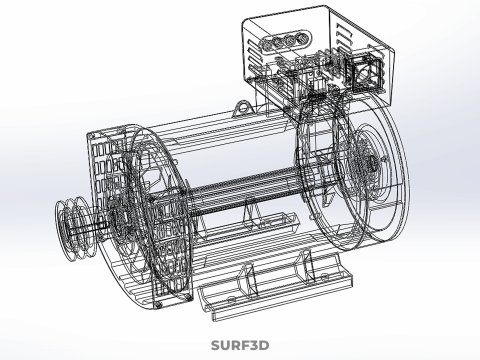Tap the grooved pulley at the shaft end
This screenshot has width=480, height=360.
pos(69,229)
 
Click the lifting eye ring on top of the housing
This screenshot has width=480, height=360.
pos(243,108)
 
